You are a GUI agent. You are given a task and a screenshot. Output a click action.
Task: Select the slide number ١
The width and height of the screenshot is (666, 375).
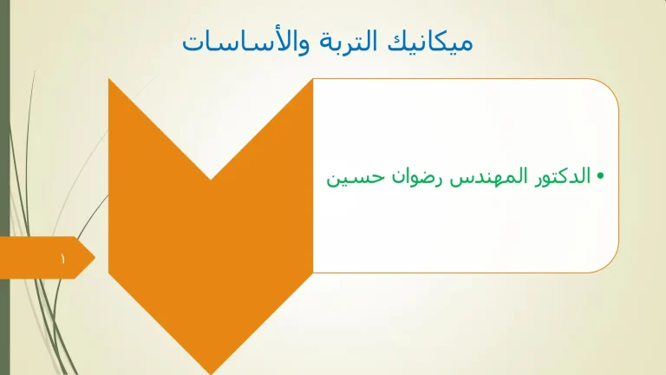(62, 258)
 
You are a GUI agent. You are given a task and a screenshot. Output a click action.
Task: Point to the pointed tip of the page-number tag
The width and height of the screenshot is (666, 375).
(95, 258)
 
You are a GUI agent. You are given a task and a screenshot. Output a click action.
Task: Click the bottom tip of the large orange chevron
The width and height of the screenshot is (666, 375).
(211, 372)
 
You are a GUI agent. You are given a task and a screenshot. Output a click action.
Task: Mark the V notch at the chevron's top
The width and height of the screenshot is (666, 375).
(211, 179)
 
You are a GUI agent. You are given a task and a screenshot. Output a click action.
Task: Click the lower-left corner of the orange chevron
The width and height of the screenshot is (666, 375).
(110, 273)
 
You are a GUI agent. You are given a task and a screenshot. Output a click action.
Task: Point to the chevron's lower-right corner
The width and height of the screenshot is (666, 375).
(311, 273)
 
